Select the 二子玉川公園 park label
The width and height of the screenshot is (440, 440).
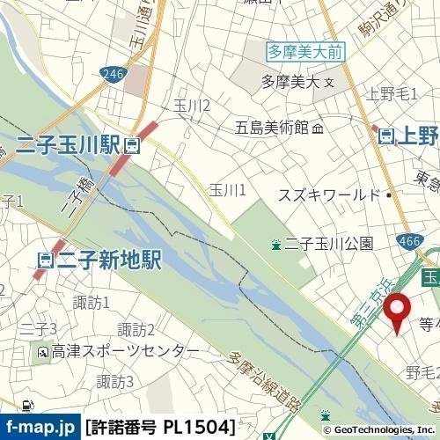[329, 244]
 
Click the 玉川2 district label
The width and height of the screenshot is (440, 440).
[192, 106]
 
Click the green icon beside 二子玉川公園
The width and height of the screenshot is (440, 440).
[276, 244]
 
